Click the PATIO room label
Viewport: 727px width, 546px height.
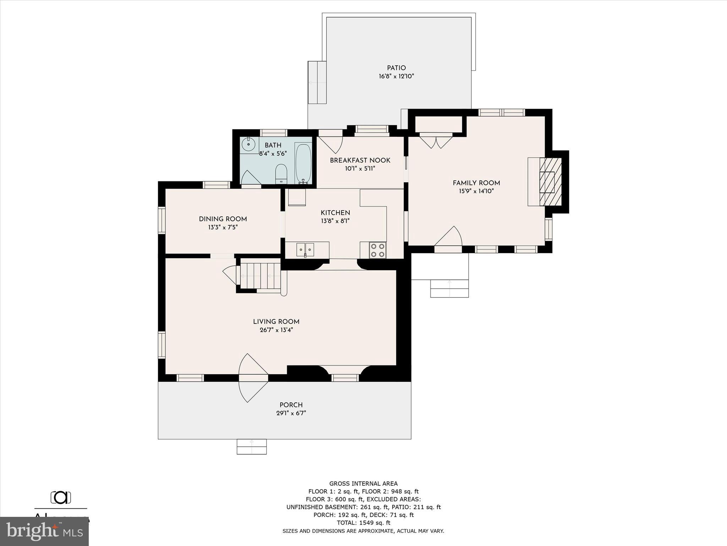pos(396,68)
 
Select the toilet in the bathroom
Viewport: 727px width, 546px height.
pos(281,173)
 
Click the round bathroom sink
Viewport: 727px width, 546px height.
pos(248,144)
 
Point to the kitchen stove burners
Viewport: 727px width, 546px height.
pos(378,250)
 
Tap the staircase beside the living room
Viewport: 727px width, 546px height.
pos(260,275)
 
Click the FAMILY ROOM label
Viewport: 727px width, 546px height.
pos(476,183)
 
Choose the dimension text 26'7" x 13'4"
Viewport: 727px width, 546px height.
pos(276,330)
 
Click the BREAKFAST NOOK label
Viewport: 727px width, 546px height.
pos(360,160)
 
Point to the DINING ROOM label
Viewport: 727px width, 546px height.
pos(223,219)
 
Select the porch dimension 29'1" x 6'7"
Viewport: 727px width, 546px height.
pos(291,413)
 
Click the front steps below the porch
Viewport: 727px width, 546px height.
pos(251,446)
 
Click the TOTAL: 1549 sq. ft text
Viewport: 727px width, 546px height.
pos(363,523)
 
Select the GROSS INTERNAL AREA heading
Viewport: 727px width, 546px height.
pos(363,483)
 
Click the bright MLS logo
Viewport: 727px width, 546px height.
pos(44,531)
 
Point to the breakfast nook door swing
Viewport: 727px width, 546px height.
pos(330,144)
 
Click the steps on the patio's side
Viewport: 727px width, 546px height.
pos(317,82)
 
